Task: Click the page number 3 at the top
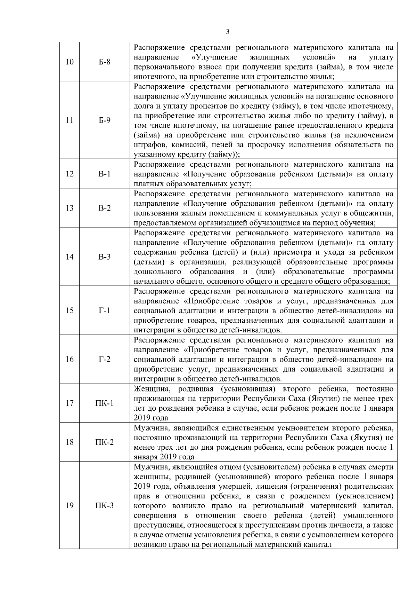click(x=228, y=32)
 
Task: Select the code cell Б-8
click(x=104, y=62)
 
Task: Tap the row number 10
click(x=69, y=62)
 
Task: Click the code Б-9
click(x=104, y=120)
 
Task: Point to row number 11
click(x=69, y=120)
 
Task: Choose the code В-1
click(x=104, y=174)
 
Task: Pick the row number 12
click(x=69, y=174)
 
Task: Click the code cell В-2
click(x=104, y=208)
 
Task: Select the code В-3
click(x=104, y=257)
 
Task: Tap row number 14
click(x=69, y=257)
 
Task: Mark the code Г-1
click(x=104, y=310)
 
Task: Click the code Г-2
click(x=104, y=359)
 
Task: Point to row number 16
click(x=69, y=359)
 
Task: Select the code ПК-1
click(x=104, y=403)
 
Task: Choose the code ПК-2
click(x=104, y=442)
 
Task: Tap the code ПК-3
click(x=104, y=506)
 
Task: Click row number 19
click(x=69, y=506)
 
